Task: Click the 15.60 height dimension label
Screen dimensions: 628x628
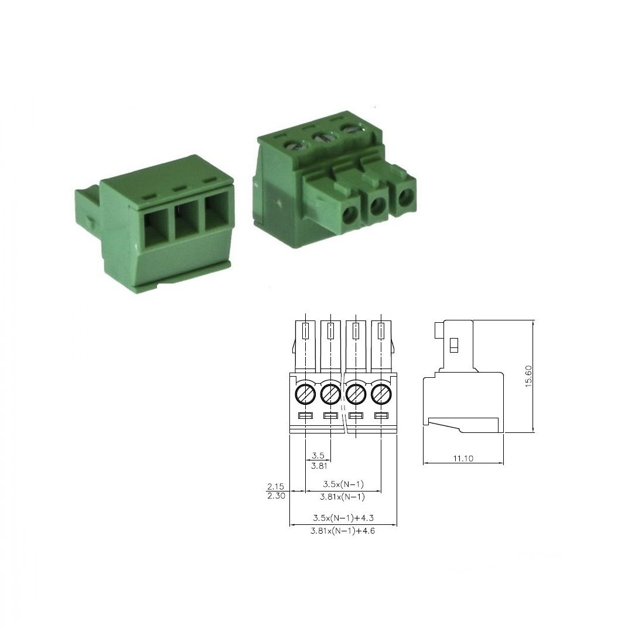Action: tap(528, 376)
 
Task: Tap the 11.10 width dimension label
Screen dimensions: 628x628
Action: tap(463, 459)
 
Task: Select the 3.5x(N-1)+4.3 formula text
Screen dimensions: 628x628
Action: tap(343, 518)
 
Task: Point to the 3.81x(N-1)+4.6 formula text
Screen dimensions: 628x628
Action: tap(343, 531)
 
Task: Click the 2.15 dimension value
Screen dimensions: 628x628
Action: tap(275, 486)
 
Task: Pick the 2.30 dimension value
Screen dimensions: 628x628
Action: tap(276, 496)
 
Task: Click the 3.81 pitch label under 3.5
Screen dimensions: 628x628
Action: tap(319, 466)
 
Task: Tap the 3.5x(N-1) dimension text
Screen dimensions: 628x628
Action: tap(343, 484)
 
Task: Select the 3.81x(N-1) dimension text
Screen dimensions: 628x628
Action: tap(343, 497)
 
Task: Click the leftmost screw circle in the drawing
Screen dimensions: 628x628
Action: tap(305, 394)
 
